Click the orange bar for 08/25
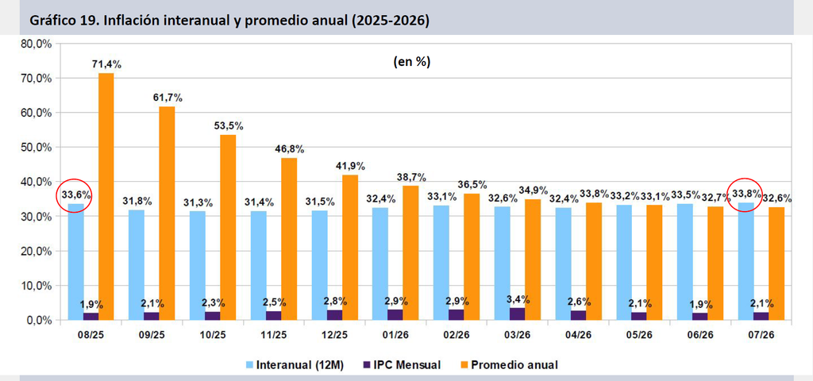point(106,197)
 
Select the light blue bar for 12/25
point(320,265)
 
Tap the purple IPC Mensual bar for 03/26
point(518,314)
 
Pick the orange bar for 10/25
point(228,227)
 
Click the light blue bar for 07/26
point(746,261)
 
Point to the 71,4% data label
point(106,65)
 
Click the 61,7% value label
point(168,98)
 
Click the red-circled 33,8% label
point(746,194)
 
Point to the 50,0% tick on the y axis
point(37,147)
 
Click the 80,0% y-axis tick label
point(37,44)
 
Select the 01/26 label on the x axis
point(395,335)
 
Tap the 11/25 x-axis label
point(274,335)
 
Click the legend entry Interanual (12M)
point(295,365)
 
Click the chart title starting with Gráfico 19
point(229,22)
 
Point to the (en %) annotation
point(412,62)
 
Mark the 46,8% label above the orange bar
point(289,149)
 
